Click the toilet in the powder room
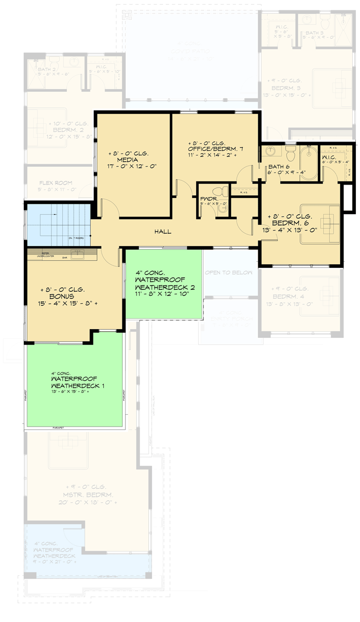(x=223, y=192)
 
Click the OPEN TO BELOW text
(x=229, y=273)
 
